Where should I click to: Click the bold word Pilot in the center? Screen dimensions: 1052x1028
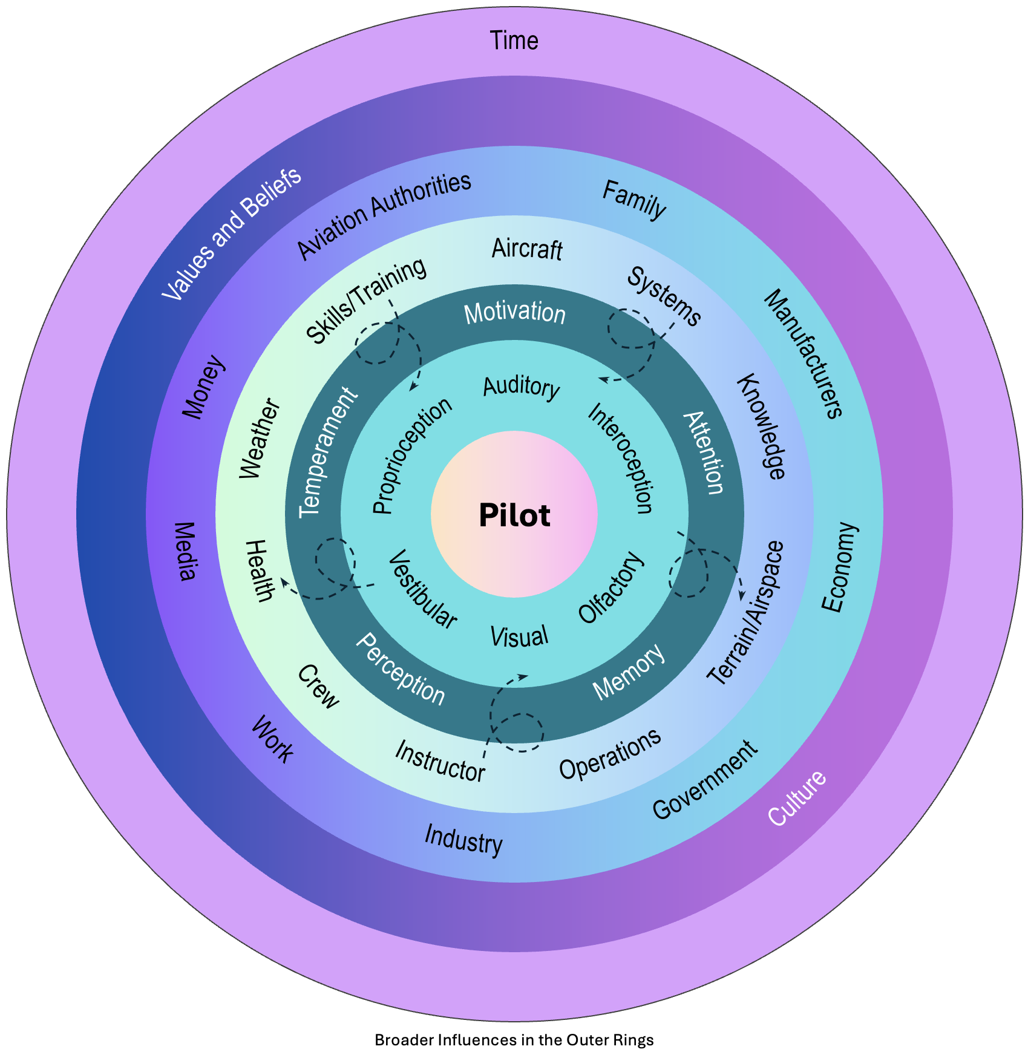[x=514, y=516]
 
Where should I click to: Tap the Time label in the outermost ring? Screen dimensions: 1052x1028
[x=514, y=41]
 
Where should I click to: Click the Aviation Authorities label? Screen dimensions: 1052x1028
[x=384, y=216]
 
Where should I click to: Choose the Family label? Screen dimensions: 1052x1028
[x=634, y=200]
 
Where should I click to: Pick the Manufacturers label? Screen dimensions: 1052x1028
[x=803, y=354]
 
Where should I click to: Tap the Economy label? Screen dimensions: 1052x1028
[x=840, y=567]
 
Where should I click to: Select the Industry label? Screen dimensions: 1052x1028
[x=463, y=840]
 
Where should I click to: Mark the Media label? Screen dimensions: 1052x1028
[x=186, y=551]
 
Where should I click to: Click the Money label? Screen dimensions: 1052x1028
[x=205, y=387]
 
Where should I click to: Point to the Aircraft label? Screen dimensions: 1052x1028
[x=527, y=249]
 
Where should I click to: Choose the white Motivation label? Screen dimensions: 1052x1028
[x=514, y=313]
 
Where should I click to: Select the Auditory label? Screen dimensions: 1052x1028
[x=522, y=387]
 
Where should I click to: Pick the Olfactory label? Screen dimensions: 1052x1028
[x=611, y=587]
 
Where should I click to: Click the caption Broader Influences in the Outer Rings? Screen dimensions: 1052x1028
[x=514, y=1040]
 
